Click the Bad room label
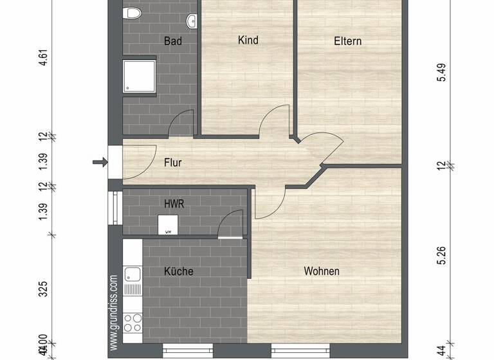click(173, 41)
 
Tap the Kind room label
click(248, 40)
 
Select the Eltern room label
click(347, 41)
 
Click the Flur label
click(173, 163)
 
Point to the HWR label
click(174, 204)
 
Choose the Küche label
click(178, 271)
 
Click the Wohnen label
click(322, 271)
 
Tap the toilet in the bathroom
click(134, 14)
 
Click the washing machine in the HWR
click(168, 224)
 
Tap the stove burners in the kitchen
click(133, 321)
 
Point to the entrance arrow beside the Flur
click(100, 162)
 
